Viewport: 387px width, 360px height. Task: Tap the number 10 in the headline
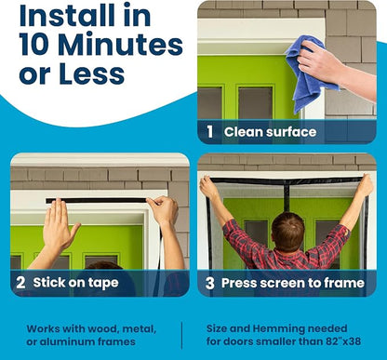pyautogui.click(x=34, y=45)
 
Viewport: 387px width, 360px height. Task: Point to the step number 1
pyautogui.click(x=210, y=131)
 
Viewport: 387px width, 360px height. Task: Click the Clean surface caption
pyautogui.click(x=270, y=132)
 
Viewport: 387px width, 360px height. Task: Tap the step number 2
pyautogui.click(x=20, y=283)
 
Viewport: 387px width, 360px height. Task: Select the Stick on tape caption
pyautogui.click(x=75, y=283)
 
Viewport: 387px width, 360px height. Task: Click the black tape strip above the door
pyautogui.click(x=96, y=201)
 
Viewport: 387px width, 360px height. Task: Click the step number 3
pyautogui.click(x=210, y=283)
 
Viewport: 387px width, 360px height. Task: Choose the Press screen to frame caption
pyautogui.click(x=293, y=283)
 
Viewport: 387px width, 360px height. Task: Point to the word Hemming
pyautogui.click(x=278, y=329)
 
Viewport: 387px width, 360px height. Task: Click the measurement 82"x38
pyautogui.click(x=343, y=341)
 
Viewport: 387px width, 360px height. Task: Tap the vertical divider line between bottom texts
pyautogui.click(x=181, y=336)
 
